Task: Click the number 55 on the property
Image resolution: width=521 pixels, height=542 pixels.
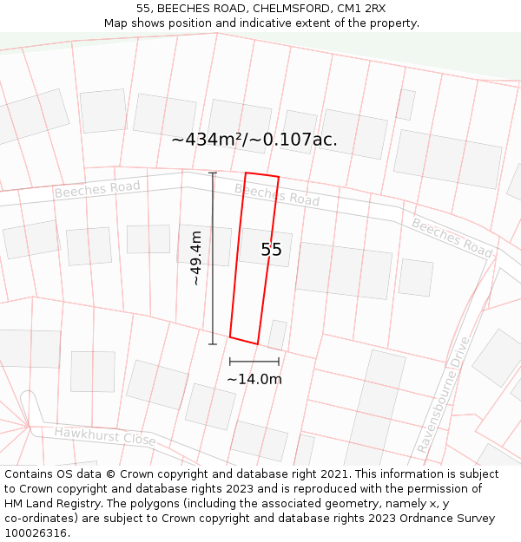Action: [x=272, y=250]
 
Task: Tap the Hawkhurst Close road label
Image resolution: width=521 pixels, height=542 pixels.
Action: [x=105, y=436]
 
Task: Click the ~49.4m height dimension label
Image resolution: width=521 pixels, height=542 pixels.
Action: [x=196, y=258]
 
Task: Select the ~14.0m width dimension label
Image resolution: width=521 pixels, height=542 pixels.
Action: [x=254, y=379]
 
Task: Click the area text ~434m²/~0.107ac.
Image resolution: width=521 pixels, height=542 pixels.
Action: [x=254, y=139]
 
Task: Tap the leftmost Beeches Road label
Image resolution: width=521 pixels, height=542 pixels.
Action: [x=97, y=189]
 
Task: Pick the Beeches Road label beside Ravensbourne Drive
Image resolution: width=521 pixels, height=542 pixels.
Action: [x=452, y=237]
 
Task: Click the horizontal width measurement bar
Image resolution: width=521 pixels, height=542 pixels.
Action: [x=254, y=361]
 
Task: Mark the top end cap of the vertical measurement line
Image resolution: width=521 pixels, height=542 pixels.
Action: [x=213, y=173]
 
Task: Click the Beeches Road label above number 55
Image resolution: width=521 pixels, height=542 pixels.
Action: [x=276, y=194]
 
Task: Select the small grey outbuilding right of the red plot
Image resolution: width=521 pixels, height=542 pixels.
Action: [x=277, y=334]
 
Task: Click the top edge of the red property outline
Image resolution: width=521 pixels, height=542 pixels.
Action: [x=262, y=174]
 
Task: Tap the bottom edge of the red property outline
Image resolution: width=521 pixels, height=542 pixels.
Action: [x=244, y=340]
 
